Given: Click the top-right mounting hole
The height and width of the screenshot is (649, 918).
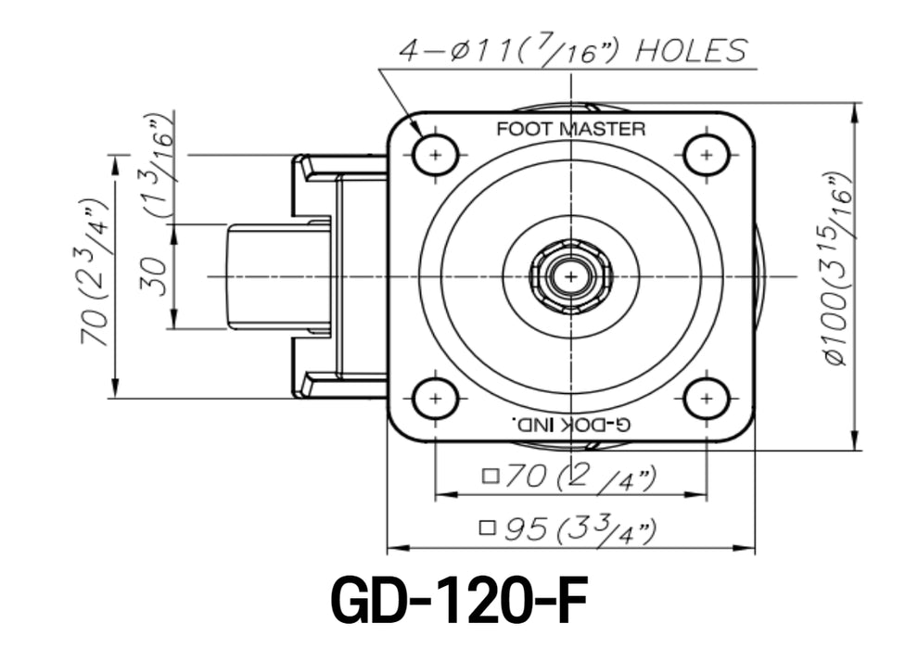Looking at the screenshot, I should [x=708, y=154].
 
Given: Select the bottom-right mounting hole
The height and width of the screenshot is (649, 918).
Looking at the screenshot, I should [x=708, y=399].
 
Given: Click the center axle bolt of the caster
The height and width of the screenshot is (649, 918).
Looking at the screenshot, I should [x=570, y=276].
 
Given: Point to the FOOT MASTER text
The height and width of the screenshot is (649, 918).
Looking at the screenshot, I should [x=570, y=129].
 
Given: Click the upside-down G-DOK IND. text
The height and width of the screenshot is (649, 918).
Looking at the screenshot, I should [x=570, y=425].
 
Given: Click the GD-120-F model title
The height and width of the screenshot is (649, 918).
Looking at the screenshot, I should [x=459, y=602].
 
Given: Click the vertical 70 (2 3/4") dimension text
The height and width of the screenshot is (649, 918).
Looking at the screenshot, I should [x=96, y=273].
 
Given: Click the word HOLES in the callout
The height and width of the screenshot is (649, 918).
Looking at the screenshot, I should [x=690, y=51].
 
